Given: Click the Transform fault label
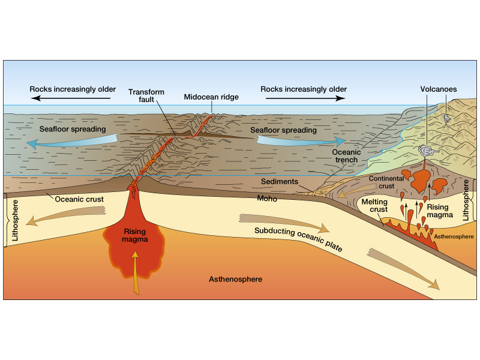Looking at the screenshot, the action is click(146, 96).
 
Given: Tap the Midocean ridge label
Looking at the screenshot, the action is click(211, 97).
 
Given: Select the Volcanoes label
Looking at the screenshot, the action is click(439, 89).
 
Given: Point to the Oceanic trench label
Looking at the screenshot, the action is click(346, 156).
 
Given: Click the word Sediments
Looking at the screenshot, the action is click(280, 182).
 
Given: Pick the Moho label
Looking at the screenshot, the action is click(267, 199).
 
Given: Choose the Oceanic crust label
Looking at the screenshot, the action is click(79, 199).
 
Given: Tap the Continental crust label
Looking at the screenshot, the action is click(386, 182).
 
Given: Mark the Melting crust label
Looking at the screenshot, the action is click(374, 205).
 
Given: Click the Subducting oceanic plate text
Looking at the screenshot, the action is click(298, 239).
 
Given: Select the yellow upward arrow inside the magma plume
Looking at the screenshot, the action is click(136, 273).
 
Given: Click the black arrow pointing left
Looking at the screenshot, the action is click(71, 98).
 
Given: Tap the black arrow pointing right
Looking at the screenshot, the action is click(305, 98).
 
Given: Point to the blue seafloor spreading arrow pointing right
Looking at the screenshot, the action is click(301, 141).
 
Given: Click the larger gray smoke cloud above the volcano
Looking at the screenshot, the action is click(427, 151).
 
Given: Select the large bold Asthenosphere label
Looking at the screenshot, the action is click(235, 279).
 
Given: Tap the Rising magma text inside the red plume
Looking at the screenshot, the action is click(134, 235).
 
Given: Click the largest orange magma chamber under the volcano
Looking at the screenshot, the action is click(421, 180).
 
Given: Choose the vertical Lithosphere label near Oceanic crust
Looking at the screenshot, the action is click(14, 220).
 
